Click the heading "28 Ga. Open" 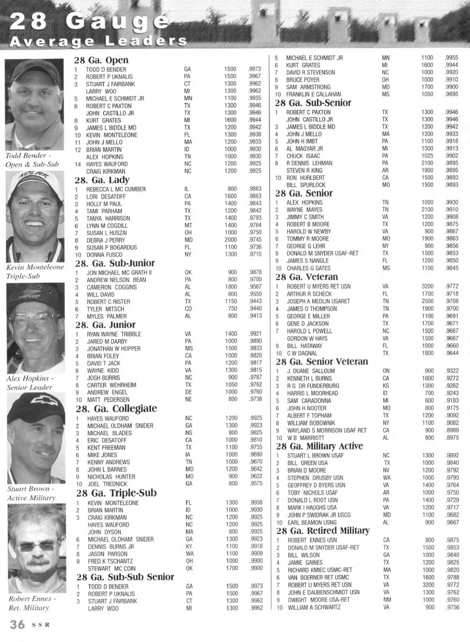101,60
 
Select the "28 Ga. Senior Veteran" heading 322,361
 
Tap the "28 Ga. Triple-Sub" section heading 116,493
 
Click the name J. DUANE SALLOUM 311,371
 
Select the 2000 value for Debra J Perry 231,240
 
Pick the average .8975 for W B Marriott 452,438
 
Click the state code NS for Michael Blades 188,433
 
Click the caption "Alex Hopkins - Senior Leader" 29,383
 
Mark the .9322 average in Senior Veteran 452,371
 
